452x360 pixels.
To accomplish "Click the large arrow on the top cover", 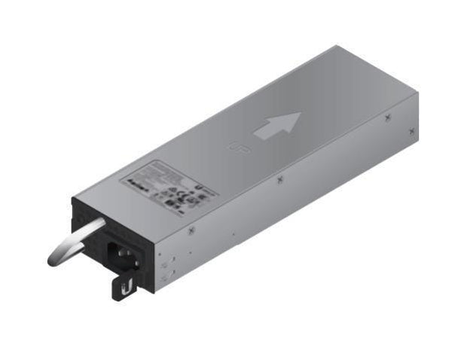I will (277, 126).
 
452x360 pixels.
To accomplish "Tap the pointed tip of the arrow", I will (300, 114).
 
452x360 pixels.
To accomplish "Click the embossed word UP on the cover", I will (235, 148).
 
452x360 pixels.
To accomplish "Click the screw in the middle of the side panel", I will (279, 179).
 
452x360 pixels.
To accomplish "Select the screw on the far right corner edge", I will (412, 130).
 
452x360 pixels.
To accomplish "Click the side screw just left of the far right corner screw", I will (386, 117).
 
